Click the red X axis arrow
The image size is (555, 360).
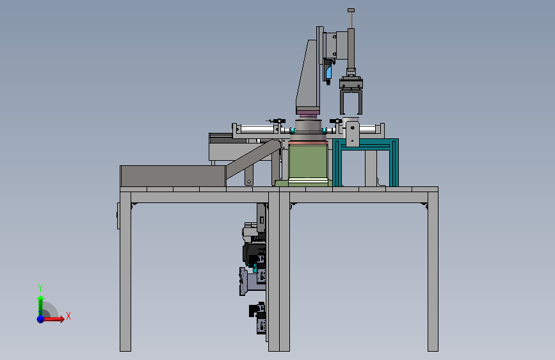click(53, 319)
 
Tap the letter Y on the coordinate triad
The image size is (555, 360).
click(40, 288)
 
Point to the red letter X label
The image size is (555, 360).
click(68, 316)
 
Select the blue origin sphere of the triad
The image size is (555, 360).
click(40, 319)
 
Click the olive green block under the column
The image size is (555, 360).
click(308, 161)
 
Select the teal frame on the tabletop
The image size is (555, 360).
click(366, 162)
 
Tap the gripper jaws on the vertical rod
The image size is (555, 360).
click(351, 95)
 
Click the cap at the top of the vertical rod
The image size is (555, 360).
click(351, 10)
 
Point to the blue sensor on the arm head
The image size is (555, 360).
click(329, 72)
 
